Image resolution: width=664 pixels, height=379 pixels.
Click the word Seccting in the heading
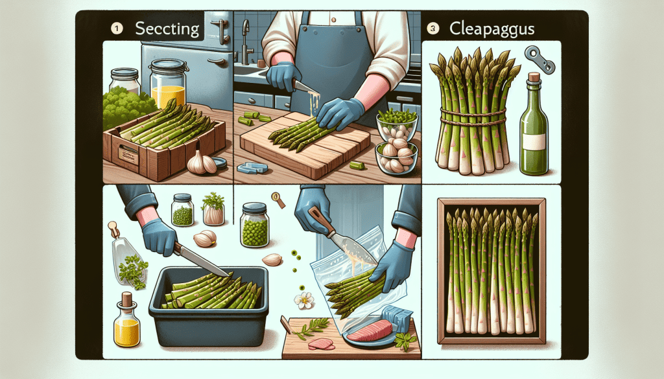167,29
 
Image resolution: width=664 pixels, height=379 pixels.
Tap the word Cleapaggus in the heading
492,29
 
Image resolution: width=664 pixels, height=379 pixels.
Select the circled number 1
117,29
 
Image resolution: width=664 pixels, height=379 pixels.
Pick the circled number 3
433,29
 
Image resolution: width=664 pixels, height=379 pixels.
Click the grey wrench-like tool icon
539,60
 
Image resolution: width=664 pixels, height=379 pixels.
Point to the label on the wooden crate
128,155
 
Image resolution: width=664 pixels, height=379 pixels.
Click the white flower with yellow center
304,301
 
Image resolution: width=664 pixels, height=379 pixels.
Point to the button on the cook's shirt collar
333,19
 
